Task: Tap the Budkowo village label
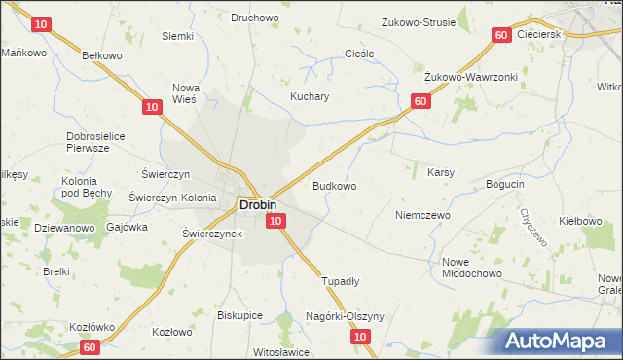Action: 333,185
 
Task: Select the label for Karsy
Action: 442,172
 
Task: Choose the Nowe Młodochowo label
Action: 469,268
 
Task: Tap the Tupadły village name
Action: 341,281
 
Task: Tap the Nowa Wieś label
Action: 185,92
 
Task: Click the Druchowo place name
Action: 254,17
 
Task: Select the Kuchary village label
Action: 311,97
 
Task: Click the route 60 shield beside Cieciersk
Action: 500,35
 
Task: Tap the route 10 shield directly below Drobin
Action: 275,223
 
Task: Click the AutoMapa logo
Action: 561,341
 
